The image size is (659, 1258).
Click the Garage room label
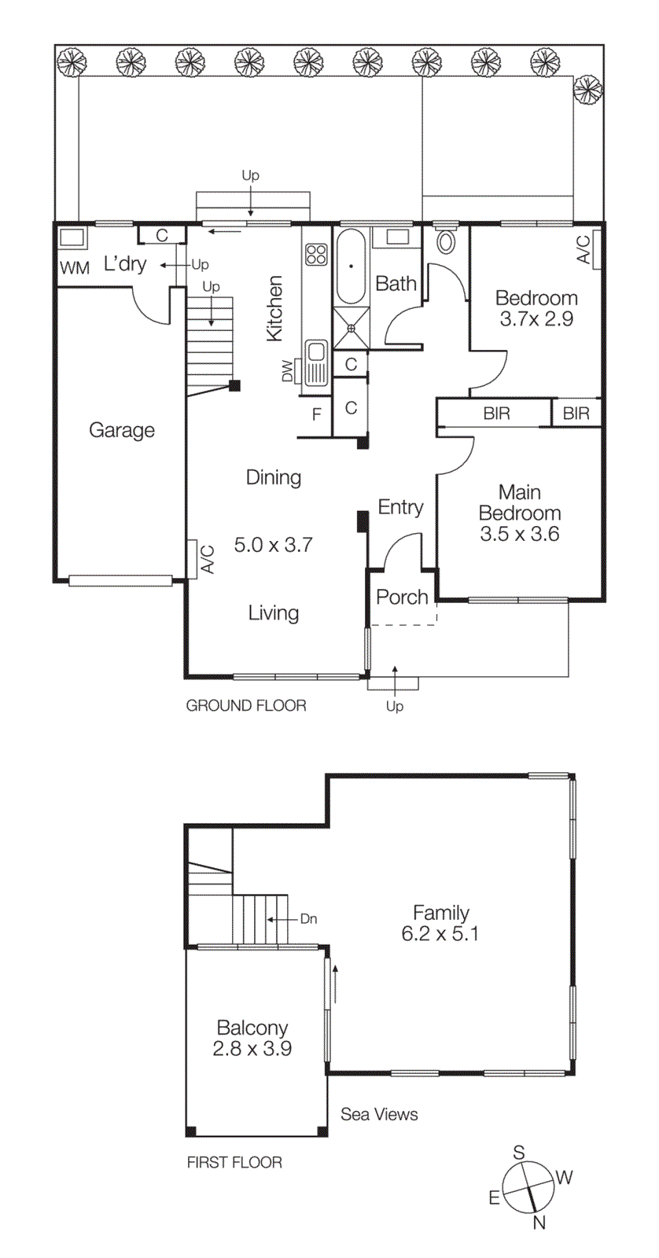121,430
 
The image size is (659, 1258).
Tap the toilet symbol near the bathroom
446,240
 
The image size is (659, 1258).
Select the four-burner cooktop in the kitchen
316,254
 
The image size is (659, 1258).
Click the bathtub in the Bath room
351,267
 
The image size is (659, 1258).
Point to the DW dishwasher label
287,370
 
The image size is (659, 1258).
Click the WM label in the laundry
75,268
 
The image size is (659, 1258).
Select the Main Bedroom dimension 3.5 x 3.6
519,534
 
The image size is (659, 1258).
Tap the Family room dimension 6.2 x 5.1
440,934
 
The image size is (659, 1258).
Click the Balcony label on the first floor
252,1028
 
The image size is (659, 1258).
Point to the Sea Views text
379,1114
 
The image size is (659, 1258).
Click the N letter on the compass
539,1222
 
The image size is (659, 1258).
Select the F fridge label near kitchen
317,414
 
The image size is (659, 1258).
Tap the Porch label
402,597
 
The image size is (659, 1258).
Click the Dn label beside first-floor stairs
308,918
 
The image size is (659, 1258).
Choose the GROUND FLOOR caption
246,705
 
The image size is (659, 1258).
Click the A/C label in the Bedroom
584,250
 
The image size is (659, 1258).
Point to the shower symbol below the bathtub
351,327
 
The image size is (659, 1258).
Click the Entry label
400,507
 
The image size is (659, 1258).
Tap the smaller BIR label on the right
576,414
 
